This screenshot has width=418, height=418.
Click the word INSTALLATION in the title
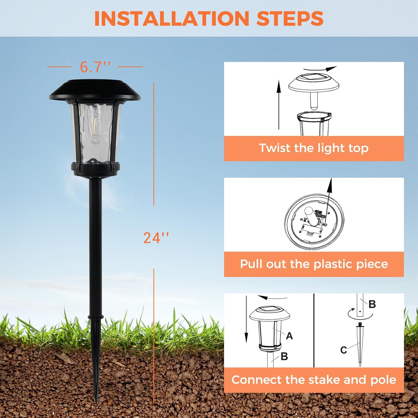pos(171,19)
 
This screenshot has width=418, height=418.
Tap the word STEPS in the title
pos(290,19)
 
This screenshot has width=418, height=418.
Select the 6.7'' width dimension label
pos(95,67)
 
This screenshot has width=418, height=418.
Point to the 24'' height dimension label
pos(156,238)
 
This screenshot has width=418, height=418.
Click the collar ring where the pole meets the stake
pos(96,317)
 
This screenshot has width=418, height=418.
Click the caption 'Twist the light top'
pos(314,148)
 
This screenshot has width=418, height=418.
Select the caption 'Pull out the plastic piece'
pos(314,264)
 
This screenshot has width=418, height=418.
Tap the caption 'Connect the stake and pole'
pos(314,380)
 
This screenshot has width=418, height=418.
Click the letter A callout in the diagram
pos(289,336)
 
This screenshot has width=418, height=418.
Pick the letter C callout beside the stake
pos(344,350)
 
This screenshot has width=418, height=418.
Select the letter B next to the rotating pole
pos(372,304)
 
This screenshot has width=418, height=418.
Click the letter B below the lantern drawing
pos(284,356)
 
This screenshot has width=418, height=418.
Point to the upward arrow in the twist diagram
pos(279,104)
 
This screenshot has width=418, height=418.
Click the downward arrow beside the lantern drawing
pos(246,320)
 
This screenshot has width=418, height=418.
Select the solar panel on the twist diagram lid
pos(313,77)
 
